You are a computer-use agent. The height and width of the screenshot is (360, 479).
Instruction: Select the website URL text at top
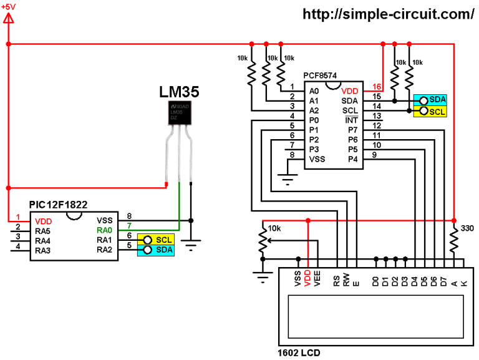point(389,14)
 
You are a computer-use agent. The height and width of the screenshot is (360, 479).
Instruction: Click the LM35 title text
point(179,92)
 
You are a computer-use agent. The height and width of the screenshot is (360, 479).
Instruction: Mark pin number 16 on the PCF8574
point(376,86)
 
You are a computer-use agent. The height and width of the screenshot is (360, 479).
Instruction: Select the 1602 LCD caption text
point(299,353)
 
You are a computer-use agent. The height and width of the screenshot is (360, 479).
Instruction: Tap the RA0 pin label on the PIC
point(104,230)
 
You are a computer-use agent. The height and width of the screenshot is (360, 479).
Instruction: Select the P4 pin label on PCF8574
point(352,159)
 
